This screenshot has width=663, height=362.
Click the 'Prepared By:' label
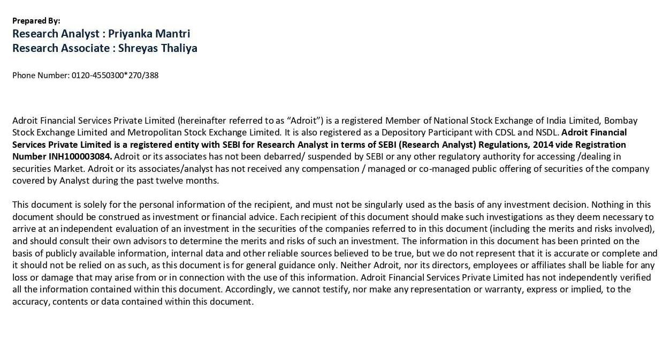pos(36,21)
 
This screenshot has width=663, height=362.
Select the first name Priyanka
pos(130,34)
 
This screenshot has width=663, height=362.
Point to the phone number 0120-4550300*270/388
pos(115,76)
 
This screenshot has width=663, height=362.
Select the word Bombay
pos(621,120)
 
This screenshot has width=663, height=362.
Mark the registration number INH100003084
pos(80,156)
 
